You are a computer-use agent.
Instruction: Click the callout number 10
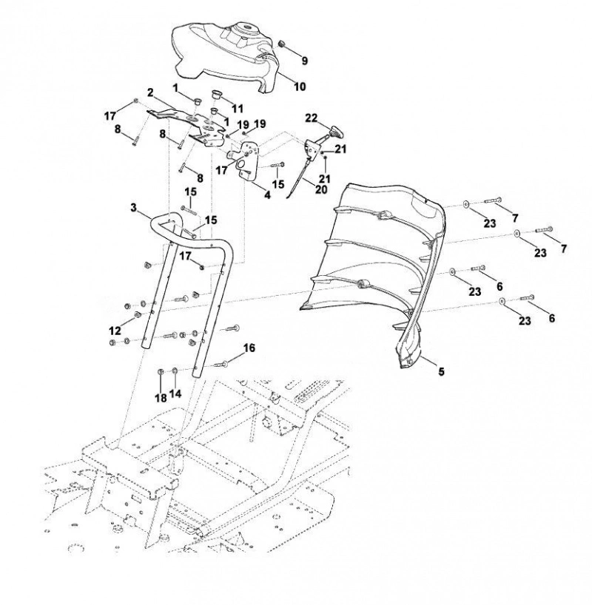(300, 87)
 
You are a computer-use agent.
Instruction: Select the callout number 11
(238, 109)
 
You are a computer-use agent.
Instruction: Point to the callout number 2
(150, 92)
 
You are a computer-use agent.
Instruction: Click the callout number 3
(134, 208)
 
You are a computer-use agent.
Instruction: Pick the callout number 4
(267, 195)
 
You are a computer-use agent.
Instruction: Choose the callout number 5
(441, 371)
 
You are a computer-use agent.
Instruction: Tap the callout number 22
(312, 118)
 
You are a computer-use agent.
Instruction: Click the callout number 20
(321, 189)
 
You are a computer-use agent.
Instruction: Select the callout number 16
(249, 348)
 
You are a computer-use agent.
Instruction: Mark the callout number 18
(161, 398)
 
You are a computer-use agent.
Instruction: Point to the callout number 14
(175, 393)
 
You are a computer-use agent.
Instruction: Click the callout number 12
(115, 331)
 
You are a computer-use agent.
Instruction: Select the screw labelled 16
(220, 363)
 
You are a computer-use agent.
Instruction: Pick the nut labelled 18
(161, 372)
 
